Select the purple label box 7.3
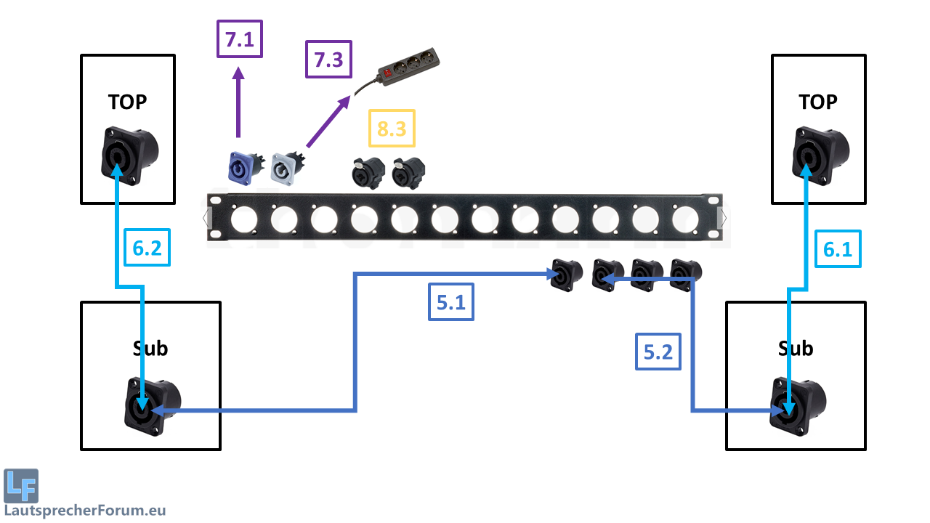(328, 60)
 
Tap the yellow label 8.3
(392, 130)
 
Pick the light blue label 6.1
(838, 250)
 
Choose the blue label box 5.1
(450, 301)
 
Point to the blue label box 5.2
(659, 352)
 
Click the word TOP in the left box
(127, 102)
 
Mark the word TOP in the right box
(818, 102)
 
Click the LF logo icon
(21, 486)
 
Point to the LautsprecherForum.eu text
(85, 510)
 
